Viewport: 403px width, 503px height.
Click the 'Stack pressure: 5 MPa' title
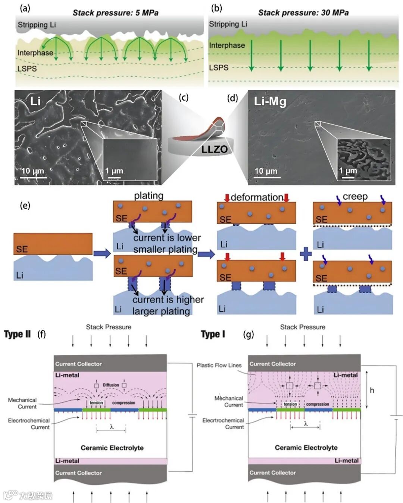[x=115, y=13]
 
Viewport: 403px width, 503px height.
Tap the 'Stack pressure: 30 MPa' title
[x=303, y=13]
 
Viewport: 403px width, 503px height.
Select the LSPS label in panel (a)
[x=27, y=69]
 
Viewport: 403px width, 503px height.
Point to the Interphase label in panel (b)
[x=227, y=45]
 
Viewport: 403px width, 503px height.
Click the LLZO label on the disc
[x=214, y=149]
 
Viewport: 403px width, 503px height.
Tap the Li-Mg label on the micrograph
[x=270, y=101]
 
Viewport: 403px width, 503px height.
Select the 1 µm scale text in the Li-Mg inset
[x=348, y=171]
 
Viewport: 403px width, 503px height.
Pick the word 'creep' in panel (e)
[x=355, y=196]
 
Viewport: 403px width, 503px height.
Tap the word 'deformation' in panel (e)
[x=257, y=197]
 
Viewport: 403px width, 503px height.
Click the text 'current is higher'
[x=168, y=300]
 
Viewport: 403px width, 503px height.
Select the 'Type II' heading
[x=18, y=334]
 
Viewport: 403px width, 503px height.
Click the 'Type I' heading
[x=213, y=334]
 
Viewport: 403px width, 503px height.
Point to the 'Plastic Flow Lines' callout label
[x=219, y=365]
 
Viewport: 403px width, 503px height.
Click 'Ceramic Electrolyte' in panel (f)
[x=112, y=447]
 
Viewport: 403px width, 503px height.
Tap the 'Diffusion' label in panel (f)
[x=111, y=385]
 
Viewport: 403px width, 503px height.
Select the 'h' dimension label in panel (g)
[x=372, y=390]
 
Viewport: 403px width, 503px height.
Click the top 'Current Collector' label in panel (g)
[x=272, y=364]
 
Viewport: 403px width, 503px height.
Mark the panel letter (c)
[x=184, y=98]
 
